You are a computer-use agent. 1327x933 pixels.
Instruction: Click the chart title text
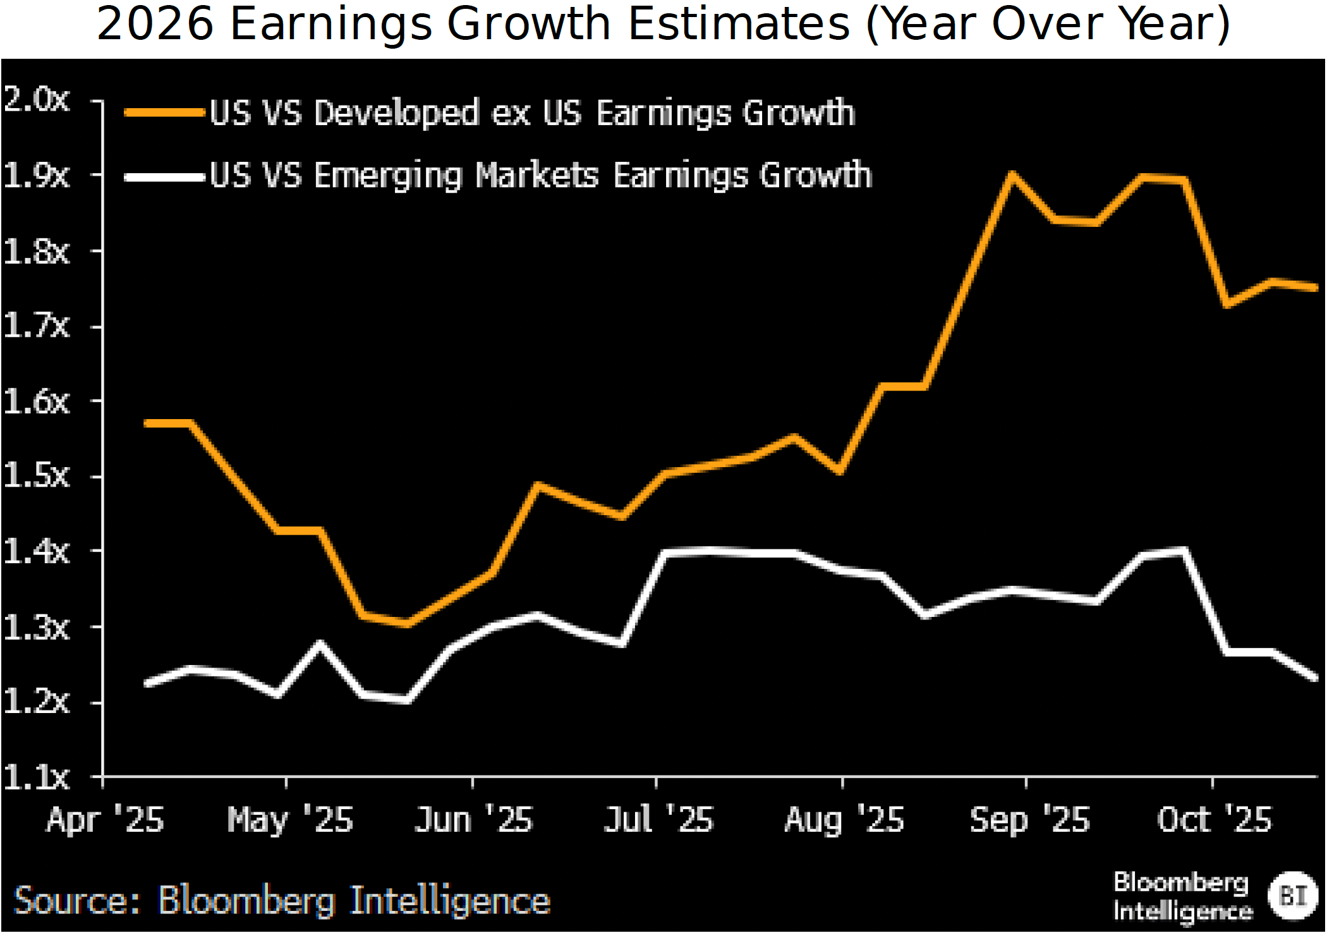(x=663, y=24)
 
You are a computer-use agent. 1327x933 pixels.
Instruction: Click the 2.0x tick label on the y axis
(x=36, y=99)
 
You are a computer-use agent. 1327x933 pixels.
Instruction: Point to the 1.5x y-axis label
(x=36, y=475)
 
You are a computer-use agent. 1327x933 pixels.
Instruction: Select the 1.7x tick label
(x=36, y=326)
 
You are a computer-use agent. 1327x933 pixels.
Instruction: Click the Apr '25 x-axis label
(x=105, y=820)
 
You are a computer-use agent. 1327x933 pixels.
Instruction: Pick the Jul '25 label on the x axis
(x=658, y=820)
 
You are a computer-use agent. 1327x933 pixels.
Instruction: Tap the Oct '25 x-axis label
(x=1214, y=820)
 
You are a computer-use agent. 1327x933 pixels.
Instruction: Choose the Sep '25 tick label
(x=1029, y=820)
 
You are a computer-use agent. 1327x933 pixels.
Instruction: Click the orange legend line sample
(x=164, y=113)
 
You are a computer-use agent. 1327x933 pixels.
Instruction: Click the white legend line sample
(x=164, y=177)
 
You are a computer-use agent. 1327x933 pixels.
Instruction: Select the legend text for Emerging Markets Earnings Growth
(x=540, y=176)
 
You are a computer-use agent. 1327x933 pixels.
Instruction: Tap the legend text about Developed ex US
(x=532, y=113)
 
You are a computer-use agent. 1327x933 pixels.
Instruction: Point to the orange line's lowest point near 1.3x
(x=408, y=623)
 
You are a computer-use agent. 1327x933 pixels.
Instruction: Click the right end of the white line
(x=1315, y=678)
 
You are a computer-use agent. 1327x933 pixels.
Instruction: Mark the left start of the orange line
(x=147, y=423)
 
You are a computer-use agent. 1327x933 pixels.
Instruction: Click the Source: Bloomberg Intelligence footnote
(x=282, y=900)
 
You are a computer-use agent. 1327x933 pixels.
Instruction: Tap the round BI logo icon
(x=1293, y=896)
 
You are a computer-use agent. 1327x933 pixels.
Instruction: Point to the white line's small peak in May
(x=320, y=644)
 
